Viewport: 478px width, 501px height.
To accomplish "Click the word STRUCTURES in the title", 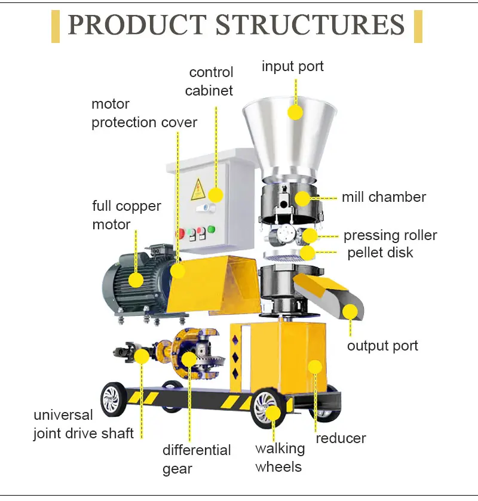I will click(x=310, y=26).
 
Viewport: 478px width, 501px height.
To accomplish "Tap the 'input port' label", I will click(x=293, y=66).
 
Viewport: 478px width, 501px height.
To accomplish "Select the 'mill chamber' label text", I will click(x=384, y=197).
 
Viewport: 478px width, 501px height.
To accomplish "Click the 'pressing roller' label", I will click(x=390, y=235).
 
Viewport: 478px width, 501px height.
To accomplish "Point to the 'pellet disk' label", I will click(x=380, y=253).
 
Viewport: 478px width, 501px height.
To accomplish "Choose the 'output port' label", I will click(x=383, y=346).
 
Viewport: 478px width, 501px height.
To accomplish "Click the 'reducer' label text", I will click(x=341, y=438).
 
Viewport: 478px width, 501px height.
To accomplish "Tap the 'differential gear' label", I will click(x=197, y=459).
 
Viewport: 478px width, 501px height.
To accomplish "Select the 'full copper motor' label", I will click(x=127, y=215).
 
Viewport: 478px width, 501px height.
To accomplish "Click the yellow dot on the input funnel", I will click(x=295, y=112).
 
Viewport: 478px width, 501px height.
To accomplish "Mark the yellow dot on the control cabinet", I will click(x=215, y=195).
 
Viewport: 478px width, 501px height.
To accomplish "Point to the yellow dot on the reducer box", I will click(x=315, y=367).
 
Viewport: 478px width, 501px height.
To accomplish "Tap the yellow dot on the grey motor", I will click(x=136, y=279).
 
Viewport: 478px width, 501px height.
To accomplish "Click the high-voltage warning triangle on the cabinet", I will click(x=197, y=190).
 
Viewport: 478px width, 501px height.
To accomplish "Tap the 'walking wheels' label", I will click(x=280, y=457).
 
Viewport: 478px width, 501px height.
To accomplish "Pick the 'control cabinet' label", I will click(x=209, y=82).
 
